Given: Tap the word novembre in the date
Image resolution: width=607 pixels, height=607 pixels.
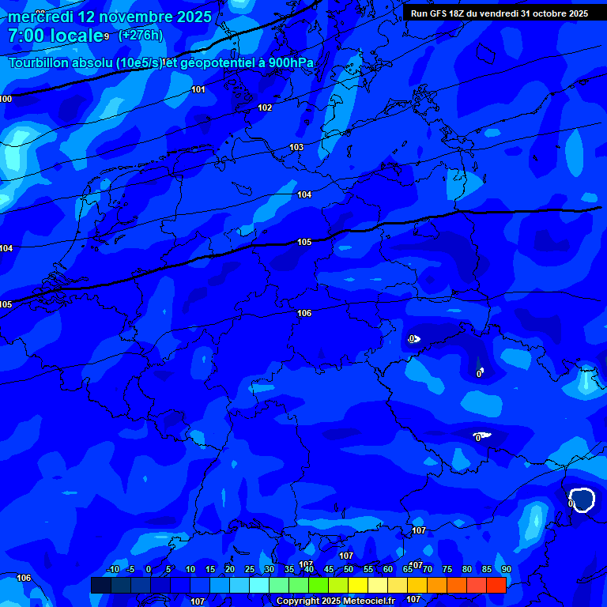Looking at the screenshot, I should (133, 17).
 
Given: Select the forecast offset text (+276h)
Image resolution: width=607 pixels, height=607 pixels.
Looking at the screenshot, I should (140, 36).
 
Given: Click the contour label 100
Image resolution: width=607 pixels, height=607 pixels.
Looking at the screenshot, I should (6, 99).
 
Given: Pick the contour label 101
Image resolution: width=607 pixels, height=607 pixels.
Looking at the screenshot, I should (198, 89).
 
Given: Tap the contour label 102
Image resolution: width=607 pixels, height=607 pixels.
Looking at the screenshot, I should (265, 107).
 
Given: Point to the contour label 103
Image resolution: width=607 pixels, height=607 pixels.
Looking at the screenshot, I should (296, 148).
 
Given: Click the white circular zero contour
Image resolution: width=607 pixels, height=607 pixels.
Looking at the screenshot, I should (582, 500).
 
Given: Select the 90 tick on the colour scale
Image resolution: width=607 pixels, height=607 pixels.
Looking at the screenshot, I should (506, 570).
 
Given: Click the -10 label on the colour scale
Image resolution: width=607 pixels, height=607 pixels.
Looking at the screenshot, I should (112, 570).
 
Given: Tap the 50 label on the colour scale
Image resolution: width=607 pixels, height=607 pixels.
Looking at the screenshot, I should (348, 570).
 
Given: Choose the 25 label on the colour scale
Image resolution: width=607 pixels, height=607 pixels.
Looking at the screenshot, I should (249, 570).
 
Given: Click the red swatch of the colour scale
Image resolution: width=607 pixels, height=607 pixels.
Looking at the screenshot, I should (496, 585).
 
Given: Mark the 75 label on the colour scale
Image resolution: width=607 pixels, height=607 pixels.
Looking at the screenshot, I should (447, 570).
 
